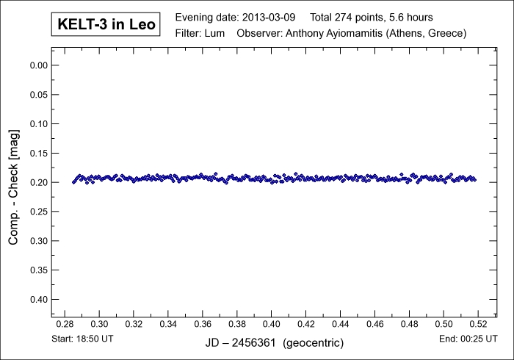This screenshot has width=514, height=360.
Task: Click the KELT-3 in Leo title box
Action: [106, 25]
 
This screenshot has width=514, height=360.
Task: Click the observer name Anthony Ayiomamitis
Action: [339, 34]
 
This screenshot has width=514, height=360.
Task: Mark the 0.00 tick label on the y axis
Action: [37, 65]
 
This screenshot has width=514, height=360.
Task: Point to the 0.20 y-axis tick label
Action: [37, 182]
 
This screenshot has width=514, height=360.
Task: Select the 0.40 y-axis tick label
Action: [37, 300]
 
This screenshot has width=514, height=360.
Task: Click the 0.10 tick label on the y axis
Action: [37, 124]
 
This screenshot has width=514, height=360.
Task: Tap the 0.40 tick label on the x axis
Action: [271, 323]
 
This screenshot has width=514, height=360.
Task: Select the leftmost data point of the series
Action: [73, 182]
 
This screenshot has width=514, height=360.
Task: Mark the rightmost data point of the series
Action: [475, 179]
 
